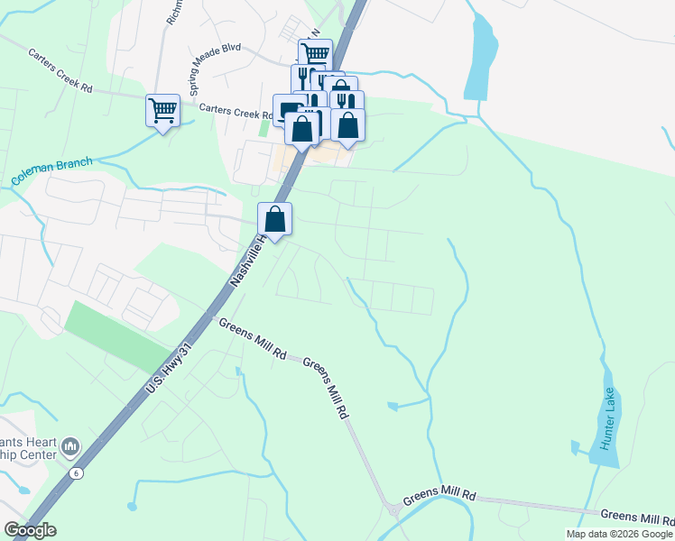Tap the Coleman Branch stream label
coord(51,171)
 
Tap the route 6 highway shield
coord(78,473)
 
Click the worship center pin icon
coord(70,445)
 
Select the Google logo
coord(30,530)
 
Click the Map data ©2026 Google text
coord(618,534)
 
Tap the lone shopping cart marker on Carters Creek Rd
coord(162,111)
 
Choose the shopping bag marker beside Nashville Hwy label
coord(274,219)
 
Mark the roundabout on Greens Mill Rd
coord(393,510)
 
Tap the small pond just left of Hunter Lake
coord(574,446)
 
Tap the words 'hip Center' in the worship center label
coord(28,454)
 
